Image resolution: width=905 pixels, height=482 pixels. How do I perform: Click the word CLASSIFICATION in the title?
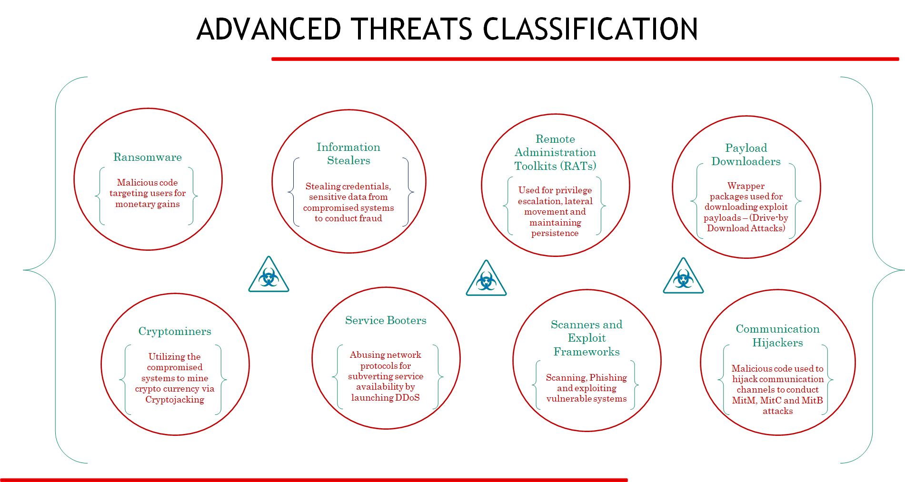[590, 29]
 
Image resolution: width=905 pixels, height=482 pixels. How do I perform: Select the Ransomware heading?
[148, 157]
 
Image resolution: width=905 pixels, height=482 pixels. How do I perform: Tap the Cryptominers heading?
[175, 331]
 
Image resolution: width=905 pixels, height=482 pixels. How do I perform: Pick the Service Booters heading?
[386, 320]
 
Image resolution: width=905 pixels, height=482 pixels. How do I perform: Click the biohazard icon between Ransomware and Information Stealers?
[269, 275]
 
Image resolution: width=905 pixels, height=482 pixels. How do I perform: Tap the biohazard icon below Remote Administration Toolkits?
[486, 279]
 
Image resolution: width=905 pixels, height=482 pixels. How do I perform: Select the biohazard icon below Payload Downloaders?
[683, 277]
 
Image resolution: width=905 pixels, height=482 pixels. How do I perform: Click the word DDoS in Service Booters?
[407, 398]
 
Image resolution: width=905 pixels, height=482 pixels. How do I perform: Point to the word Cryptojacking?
[175, 400]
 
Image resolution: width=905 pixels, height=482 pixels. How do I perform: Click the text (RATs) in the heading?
[578, 166]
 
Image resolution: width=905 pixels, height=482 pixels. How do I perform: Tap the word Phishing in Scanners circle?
[608, 377]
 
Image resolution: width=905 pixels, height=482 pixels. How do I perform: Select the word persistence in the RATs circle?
[555, 233]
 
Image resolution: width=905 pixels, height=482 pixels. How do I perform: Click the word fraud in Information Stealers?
[370, 218]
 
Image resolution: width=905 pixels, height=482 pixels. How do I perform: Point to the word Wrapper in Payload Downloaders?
[746, 186]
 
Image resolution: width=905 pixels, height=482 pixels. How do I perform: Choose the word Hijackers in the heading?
[777, 343]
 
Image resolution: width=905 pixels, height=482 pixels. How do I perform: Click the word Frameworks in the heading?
[587, 352]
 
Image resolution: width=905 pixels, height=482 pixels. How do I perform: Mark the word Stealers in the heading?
[348, 161]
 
